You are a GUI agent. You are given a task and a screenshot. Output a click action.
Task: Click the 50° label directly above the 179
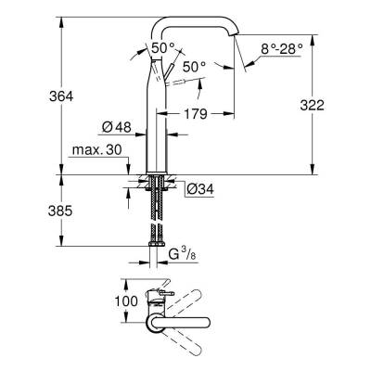(x=193, y=68)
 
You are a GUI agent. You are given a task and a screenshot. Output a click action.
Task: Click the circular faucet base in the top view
(x=153, y=321)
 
